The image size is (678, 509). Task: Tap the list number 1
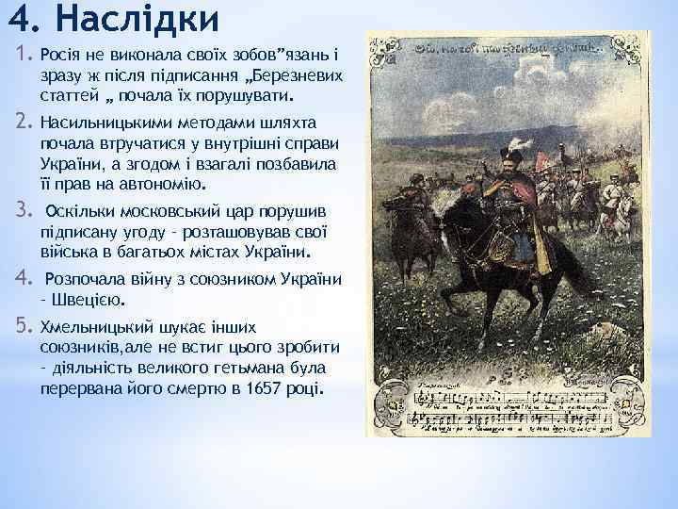coord(24,54)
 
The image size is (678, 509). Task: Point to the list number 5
coord(24,328)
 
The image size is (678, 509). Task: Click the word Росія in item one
coord(62,54)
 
